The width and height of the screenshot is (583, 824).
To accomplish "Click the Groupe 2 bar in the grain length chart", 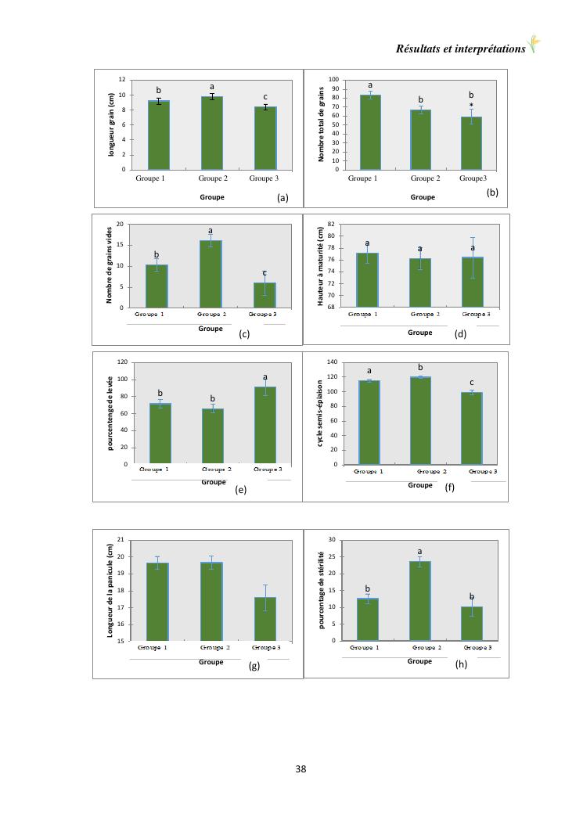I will click(211, 133).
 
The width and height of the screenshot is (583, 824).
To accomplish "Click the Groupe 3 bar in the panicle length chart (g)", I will click(265, 618).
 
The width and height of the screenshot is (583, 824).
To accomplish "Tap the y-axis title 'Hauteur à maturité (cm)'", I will click(321, 266).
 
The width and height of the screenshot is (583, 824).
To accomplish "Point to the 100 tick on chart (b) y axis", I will click(333, 80).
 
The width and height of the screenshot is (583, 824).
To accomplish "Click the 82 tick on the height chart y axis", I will click(332, 225).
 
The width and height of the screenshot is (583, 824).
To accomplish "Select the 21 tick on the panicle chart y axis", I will click(121, 540).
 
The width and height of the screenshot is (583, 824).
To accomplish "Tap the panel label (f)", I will click(450, 488).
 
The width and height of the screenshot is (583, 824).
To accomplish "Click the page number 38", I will click(301, 768).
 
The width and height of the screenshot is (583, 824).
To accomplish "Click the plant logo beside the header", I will click(535, 45).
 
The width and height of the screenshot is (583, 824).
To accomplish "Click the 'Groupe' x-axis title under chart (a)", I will click(211, 197).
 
